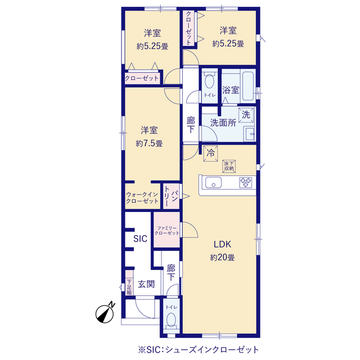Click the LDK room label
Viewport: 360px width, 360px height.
click(x=222, y=244)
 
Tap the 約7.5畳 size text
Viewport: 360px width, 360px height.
click(x=149, y=144)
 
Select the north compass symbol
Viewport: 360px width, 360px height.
click(x=105, y=313)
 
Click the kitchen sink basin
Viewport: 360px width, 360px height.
click(x=213, y=182)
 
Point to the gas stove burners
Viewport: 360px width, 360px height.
click(x=246, y=182)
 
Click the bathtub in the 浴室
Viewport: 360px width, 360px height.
click(x=248, y=86)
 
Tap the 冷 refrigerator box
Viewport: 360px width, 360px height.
click(x=210, y=154)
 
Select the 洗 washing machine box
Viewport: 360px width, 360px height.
click(x=246, y=115)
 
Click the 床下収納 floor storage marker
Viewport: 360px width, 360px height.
click(x=229, y=166)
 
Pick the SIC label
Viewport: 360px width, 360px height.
click(x=140, y=238)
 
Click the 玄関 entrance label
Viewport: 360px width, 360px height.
click(x=146, y=284)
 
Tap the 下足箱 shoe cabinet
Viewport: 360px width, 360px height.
click(x=129, y=283)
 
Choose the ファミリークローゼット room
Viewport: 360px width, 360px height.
click(x=166, y=230)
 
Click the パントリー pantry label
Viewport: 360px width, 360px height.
click(x=171, y=196)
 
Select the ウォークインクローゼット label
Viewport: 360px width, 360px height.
click(x=142, y=197)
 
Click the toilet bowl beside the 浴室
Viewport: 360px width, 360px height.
click(x=209, y=81)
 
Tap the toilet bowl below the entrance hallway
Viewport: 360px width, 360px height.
click(x=171, y=320)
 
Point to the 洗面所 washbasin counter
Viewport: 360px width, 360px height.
click(x=249, y=134)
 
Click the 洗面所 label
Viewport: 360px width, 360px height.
click(x=223, y=123)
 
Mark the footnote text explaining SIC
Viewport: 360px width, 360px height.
click(x=199, y=350)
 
